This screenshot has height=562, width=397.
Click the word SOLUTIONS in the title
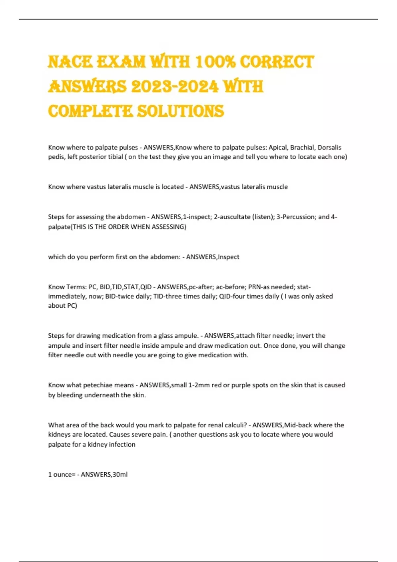(x=180, y=111)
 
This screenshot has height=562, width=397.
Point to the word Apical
(x=278, y=147)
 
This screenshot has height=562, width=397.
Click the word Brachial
(x=302, y=147)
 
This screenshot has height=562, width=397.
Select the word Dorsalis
(x=329, y=147)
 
